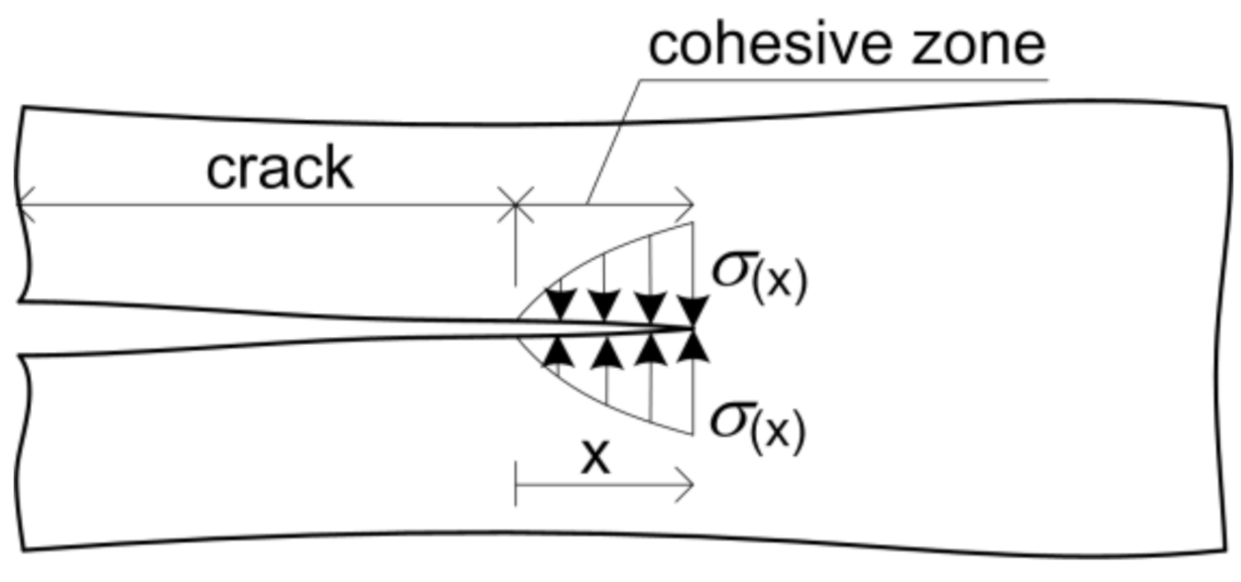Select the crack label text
pyautogui.click(x=279, y=169)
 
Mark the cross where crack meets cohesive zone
pyautogui.click(x=515, y=207)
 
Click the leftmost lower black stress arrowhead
pyautogui.click(x=558, y=352)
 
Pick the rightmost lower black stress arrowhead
pyautogui.click(x=692, y=347)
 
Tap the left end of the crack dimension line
pyautogui.click(x=22, y=206)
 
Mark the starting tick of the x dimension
pyautogui.click(x=516, y=487)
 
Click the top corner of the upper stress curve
pyautogui.click(x=691, y=224)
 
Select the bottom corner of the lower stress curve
pyautogui.click(x=691, y=434)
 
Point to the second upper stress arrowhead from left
pyautogui.click(x=603, y=304)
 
